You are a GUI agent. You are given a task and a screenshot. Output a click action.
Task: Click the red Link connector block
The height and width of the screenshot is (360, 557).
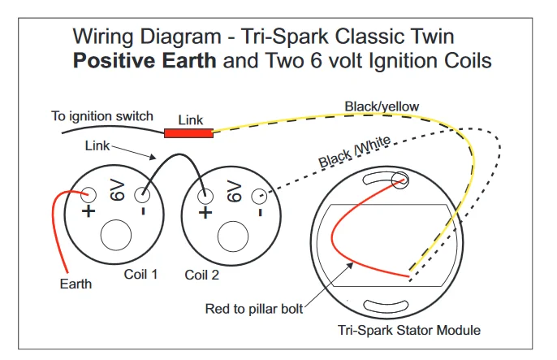(x=188, y=132)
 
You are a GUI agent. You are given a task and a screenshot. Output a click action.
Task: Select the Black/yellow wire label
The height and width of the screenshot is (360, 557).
(x=382, y=106)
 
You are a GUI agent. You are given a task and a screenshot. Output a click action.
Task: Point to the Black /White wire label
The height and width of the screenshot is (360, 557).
(x=355, y=152)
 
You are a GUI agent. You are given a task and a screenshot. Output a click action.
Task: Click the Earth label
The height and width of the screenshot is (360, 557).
(x=76, y=284)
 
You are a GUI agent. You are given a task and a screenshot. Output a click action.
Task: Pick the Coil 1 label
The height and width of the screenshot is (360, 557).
(x=141, y=274)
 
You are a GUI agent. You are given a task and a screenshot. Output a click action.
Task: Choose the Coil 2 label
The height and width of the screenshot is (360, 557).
(x=202, y=275)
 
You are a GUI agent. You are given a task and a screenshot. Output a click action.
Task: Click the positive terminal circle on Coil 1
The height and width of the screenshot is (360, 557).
(x=89, y=195)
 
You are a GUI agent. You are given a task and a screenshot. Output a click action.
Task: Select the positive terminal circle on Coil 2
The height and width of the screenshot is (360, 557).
(x=206, y=196)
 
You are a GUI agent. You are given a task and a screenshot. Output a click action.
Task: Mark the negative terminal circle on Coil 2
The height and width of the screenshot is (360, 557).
(x=259, y=196)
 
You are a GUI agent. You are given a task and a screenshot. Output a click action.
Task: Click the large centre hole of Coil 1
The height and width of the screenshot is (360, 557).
(x=116, y=235)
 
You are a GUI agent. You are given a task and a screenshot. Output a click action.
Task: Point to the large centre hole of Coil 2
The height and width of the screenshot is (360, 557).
(x=233, y=235)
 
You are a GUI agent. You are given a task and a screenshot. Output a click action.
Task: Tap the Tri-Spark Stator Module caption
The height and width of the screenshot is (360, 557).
(x=408, y=330)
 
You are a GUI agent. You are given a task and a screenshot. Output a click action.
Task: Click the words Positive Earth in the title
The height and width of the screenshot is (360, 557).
(x=144, y=61)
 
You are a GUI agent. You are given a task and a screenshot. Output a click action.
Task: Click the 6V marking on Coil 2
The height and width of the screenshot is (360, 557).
(x=233, y=192)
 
